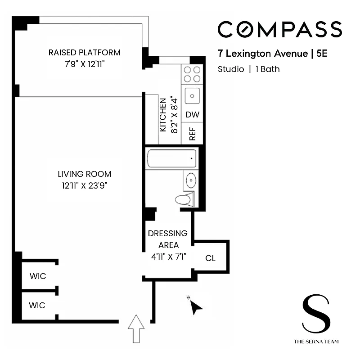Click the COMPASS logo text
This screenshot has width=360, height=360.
(279, 29)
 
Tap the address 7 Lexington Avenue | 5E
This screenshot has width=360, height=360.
(272, 54)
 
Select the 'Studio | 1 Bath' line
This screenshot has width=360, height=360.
(248, 69)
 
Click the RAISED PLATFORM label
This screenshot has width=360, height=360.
(85, 53)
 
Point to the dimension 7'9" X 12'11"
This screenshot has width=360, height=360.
(85, 64)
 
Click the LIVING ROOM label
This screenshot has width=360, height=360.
(84, 174)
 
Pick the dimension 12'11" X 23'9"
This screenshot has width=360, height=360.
(84, 185)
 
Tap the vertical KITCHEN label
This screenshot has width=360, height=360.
(163, 115)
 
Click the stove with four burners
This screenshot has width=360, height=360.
(192, 74)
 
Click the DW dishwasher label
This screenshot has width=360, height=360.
(192, 115)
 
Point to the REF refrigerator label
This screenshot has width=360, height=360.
(192, 134)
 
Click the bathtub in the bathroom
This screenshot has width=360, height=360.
(171, 158)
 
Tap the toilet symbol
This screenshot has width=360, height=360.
(184, 199)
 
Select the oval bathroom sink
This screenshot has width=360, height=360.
(191, 180)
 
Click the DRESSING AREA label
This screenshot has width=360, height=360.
(167, 239)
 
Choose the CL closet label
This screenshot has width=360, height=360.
(210, 258)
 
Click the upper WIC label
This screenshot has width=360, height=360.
(37, 276)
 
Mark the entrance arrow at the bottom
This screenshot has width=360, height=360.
(136, 328)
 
